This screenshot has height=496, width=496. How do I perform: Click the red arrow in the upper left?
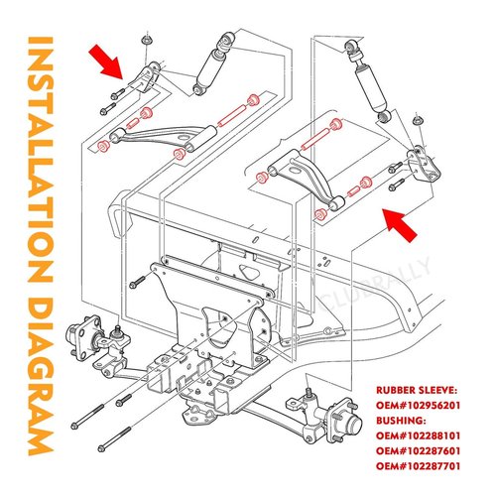(x=106, y=62)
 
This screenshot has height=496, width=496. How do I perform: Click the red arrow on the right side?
(x=400, y=225)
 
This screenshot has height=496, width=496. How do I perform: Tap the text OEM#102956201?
(x=418, y=406)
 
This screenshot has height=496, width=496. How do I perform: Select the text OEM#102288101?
(x=418, y=435)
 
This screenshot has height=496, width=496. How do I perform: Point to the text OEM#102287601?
(x=418, y=451)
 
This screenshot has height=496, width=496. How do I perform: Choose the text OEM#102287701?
(x=418, y=466)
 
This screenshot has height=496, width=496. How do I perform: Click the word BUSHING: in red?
(x=401, y=421)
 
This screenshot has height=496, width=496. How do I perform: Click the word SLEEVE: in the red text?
(x=437, y=390)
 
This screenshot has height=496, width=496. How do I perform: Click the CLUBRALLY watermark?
(x=374, y=285)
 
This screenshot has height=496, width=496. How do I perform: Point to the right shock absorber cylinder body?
(x=371, y=88)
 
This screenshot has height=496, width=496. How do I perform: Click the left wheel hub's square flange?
(x=85, y=337)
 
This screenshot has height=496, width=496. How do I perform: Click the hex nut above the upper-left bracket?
(x=146, y=41)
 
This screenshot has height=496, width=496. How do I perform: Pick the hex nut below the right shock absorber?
(x=418, y=120)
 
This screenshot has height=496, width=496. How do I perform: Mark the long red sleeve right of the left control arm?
(x=231, y=115)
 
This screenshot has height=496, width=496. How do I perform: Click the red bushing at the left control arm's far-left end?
(x=103, y=146)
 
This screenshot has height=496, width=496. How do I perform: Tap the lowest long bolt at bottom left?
(x=115, y=439)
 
